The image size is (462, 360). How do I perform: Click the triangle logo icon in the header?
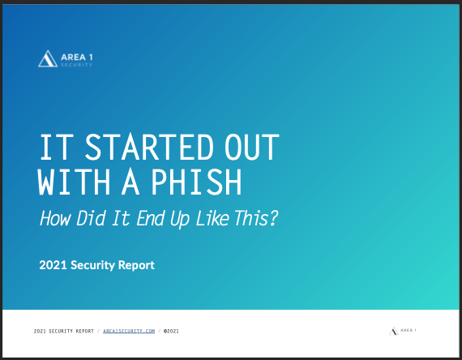pos(48,58)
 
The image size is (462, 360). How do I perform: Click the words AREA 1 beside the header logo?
pos(77,57)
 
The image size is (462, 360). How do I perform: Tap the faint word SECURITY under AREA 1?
pos(77,65)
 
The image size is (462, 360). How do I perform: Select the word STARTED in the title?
pos(149,147)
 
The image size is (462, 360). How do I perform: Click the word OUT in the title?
pos(251,147)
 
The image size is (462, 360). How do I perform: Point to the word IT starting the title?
pos(57,147)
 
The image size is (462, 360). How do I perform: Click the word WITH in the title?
pos(74,182)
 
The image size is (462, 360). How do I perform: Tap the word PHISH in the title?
pos(196,182)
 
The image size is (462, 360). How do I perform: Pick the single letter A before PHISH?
pos(130,182)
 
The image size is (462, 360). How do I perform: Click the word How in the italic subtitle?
pos(55,218)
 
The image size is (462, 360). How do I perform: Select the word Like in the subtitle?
pos(212,218)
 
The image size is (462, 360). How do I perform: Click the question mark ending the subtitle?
pos(274,218)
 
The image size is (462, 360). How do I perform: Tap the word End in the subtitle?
pos(150,218)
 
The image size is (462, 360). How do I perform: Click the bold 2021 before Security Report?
pos(53,265)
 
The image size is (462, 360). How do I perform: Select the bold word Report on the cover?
pos(136,266)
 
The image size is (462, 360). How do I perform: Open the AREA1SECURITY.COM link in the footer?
pos(129,331)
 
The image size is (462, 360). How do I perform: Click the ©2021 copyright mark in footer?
pos(171,331)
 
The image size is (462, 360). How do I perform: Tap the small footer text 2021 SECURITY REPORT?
pos(64,331)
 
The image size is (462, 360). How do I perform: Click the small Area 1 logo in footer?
pos(403,331)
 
